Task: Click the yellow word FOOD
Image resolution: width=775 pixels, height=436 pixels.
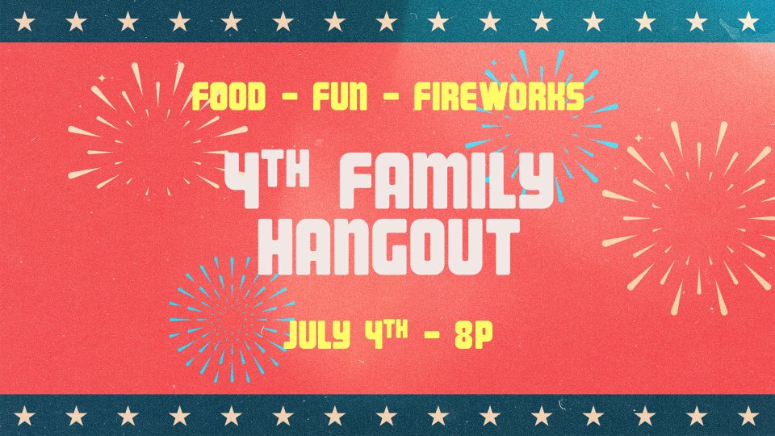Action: pyautogui.click(x=228, y=96)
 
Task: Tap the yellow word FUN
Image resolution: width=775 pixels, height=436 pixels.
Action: pyautogui.click(x=340, y=96)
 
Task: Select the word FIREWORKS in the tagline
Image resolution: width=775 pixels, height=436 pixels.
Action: pyautogui.click(x=499, y=96)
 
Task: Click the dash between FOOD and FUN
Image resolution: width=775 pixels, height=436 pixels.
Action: pyautogui.click(x=289, y=97)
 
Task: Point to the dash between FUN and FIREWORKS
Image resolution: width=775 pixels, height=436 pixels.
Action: pyautogui.click(x=391, y=97)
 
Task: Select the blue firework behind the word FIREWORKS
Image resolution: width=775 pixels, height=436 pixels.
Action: pyautogui.click(x=542, y=124)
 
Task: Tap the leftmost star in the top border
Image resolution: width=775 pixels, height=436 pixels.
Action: pyautogui.click(x=24, y=22)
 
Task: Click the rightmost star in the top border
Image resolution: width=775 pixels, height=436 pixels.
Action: pyautogui.click(x=748, y=22)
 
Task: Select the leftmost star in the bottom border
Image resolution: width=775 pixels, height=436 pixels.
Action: pyautogui.click(x=24, y=416)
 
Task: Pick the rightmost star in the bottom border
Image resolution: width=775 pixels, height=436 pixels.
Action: pyautogui.click(x=748, y=416)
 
